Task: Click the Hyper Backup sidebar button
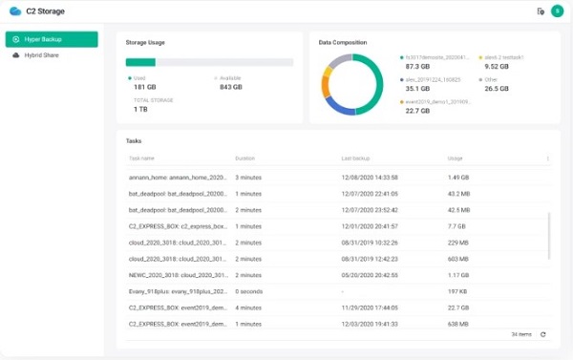click(52, 39)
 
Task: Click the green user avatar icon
click(557, 11)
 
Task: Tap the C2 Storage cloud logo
click(14, 11)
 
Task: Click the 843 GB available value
click(231, 87)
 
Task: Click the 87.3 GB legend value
click(417, 67)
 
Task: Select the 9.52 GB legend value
click(498, 67)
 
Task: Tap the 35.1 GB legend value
click(417, 89)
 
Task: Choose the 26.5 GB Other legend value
click(497, 89)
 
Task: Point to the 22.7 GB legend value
click(417, 111)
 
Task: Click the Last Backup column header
click(355, 158)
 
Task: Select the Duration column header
click(245, 158)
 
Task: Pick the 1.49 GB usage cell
click(458, 178)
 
